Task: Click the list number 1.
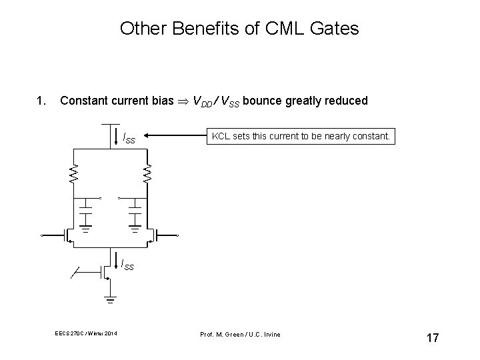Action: (41, 101)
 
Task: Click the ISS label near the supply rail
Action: (129, 138)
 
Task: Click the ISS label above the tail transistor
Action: (127, 265)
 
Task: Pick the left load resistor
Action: (75, 174)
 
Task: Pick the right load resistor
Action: (148, 174)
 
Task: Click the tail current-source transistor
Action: (103, 271)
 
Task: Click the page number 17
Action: (432, 338)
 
